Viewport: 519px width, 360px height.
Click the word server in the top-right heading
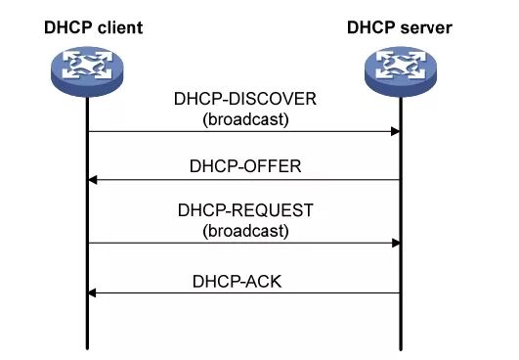coord(427,27)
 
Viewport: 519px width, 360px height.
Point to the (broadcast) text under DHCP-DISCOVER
coord(244,120)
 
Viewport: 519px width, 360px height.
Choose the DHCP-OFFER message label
coord(244,166)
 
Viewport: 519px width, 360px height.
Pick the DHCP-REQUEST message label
coord(244,211)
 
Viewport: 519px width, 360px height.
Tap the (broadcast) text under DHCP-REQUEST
coord(244,231)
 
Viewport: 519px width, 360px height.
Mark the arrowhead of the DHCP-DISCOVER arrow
coord(395,131)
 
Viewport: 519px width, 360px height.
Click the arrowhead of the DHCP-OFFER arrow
coord(93,180)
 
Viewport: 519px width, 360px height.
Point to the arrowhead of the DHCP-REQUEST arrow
coord(395,243)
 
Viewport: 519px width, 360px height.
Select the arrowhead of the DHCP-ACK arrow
coord(93,292)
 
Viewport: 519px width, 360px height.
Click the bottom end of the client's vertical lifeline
coord(87,347)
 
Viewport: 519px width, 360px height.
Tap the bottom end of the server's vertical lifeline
coord(401,347)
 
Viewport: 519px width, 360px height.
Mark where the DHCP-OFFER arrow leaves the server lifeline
coord(400,180)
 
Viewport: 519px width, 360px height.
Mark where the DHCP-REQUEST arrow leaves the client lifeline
coord(88,243)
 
